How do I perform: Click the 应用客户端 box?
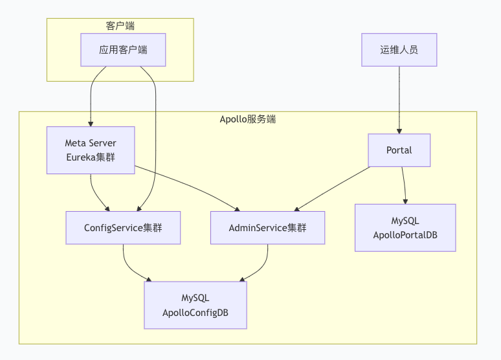(123, 50)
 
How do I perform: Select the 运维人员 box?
(399, 50)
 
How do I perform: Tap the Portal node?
(399, 150)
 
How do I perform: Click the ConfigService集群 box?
(123, 228)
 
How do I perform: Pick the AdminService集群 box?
(267, 228)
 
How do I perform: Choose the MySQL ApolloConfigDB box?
(195, 305)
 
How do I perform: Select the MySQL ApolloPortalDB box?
(405, 228)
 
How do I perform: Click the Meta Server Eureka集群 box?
(91, 150)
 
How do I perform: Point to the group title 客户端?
(120, 26)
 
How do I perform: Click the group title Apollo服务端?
(248, 119)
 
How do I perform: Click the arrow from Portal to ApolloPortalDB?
(405, 186)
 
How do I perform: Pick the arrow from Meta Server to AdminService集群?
(188, 188)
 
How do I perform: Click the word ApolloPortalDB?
(405, 235)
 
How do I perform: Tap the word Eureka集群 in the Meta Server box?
(91, 157)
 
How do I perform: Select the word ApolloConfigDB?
(195, 313)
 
